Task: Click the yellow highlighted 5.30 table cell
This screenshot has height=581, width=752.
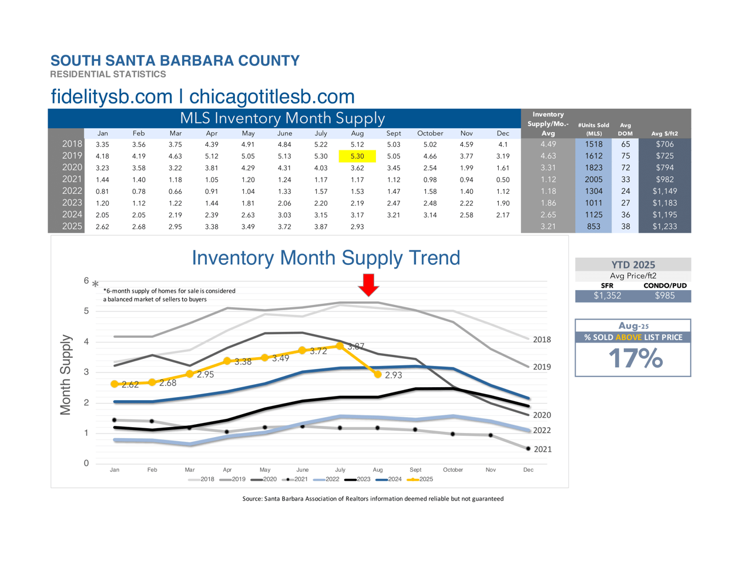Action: coord(357,156)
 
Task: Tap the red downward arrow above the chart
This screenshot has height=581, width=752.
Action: coord(368,284)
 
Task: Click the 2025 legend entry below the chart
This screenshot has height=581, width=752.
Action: coord(421,479)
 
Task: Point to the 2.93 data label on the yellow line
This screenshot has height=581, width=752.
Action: coord(393,375)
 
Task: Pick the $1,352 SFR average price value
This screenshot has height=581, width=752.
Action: coord(607,295)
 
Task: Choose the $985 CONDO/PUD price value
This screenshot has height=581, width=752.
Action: coord(665,295)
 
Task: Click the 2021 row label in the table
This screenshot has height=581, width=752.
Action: coord(72,179)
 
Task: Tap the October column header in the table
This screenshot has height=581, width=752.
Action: coord(430,133)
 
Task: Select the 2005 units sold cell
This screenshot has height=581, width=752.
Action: coord(593,179)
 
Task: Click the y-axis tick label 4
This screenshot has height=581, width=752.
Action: coord(86,341)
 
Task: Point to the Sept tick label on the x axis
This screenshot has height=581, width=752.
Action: coord(415,470)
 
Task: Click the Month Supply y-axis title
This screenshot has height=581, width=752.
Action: coord(65,375)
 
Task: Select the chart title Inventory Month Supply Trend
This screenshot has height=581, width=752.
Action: coord(326,258)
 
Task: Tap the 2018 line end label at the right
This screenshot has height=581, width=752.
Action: coord(542,340)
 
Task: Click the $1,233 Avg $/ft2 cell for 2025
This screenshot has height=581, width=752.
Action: coord(664,226)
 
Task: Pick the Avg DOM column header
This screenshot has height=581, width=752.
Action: coord(625,129)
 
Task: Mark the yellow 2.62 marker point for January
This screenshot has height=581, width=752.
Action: coord(115,384)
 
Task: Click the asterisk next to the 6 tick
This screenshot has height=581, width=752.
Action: coord(95,284)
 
